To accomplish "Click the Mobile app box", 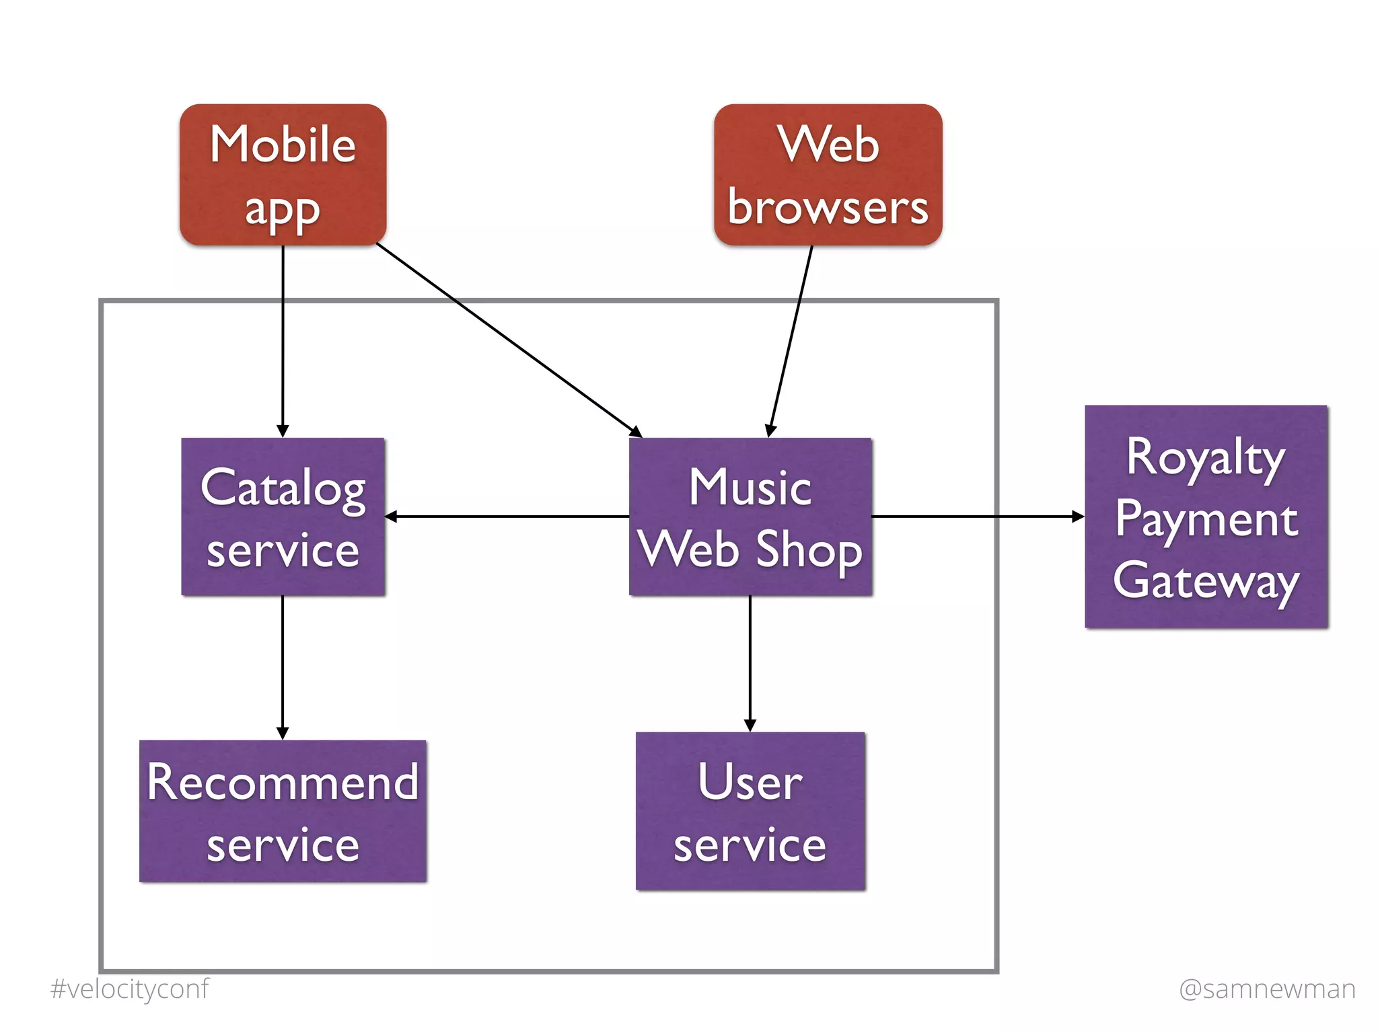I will pyautogui.click(x=283, y=174).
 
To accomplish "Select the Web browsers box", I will pyautogui.click(x=828, y=174).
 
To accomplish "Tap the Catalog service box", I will pyautogui.click(x=283, y=516).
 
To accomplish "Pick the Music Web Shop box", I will pyautogui.click(x=750, y=516).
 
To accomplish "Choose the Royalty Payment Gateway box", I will pyautogui.click(x=1206, y=516).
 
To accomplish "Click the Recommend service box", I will pyautogui.click(x=283, y=810).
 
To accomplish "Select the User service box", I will pyautogui.click(x=750, y=810).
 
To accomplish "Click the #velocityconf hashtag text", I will pyautogui.click(x=130, y=989).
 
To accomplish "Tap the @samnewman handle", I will pyautogui.click(x=1267, y=989).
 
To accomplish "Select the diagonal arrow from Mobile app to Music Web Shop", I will pyautogui.click(x=508, y=340).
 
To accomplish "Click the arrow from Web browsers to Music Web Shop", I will pyautogui.click(x=791, y=340).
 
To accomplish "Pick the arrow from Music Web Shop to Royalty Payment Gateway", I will pyautogui.click(x=976, y=516).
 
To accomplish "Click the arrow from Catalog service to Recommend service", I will pyautogui.click(x=283, y=666).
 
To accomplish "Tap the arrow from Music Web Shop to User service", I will pyautogui.click(x=750, y=662).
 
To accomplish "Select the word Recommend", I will pyautogui.click(x=283, y=782).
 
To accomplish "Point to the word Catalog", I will pyautogui.click(x=283, y=488).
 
